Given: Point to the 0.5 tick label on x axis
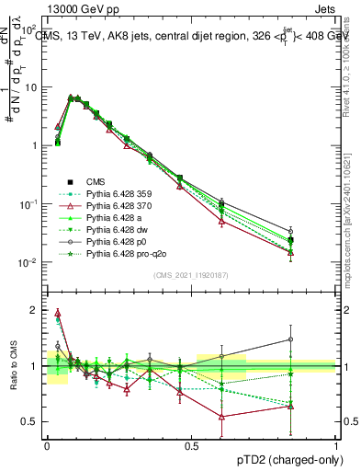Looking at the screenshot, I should (191, 445).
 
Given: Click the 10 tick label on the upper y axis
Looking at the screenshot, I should (31, 87).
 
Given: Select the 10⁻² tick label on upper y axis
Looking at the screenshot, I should (29, 262).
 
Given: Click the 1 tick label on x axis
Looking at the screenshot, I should (336, 445).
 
